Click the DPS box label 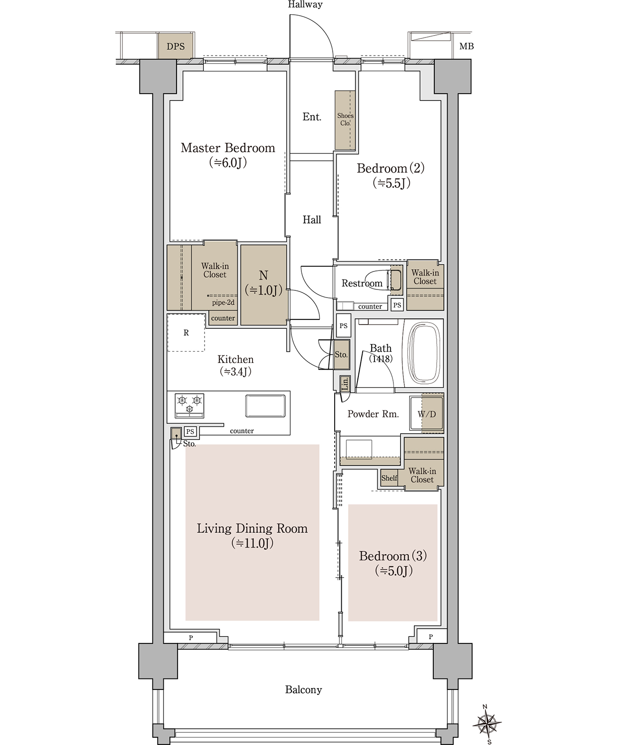point(176,47)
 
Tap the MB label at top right point(467,47)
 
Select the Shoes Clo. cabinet point(345,120)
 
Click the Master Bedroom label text point(228,148)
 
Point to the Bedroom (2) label point(391,168)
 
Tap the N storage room point(264,284)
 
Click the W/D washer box point(426,414)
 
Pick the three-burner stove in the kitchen point(189,406)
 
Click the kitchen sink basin point(265,406)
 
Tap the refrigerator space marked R point(186,333)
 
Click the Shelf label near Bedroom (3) point(389,478)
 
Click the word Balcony point(303,689)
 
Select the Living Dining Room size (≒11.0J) point(252,543)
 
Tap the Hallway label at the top point(305,5)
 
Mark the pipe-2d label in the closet point(224,303)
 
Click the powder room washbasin point(359,449)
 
